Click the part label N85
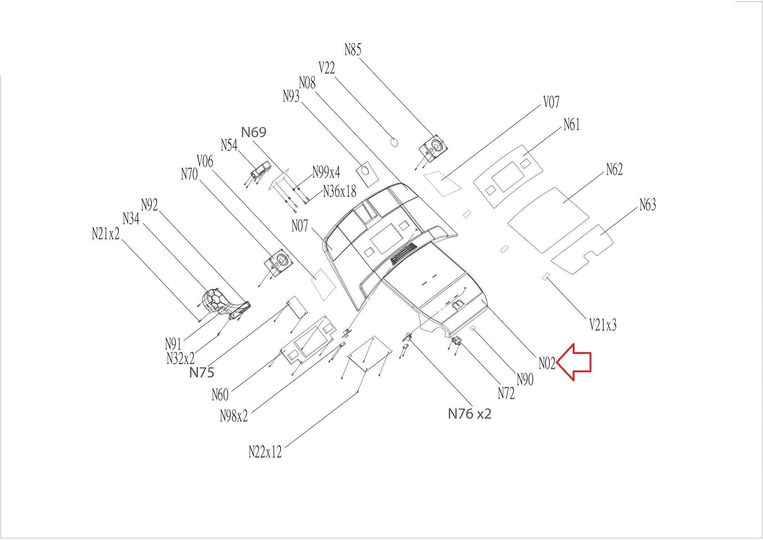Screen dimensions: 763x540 353,50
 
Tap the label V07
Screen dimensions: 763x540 551,102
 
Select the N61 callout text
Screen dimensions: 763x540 572,125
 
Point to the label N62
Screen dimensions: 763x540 614,169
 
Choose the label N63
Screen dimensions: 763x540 648,205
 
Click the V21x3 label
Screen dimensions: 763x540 603,325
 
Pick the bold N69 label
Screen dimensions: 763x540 254,132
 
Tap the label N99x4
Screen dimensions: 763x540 326,172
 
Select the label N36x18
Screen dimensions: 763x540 339,192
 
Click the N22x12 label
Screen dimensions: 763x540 265,452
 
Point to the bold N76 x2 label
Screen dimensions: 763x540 469,414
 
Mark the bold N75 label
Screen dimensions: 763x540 202,372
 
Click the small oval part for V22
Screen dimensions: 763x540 394,142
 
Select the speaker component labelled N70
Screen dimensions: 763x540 278,263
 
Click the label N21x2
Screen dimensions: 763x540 106,233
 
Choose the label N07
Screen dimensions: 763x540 300,226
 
